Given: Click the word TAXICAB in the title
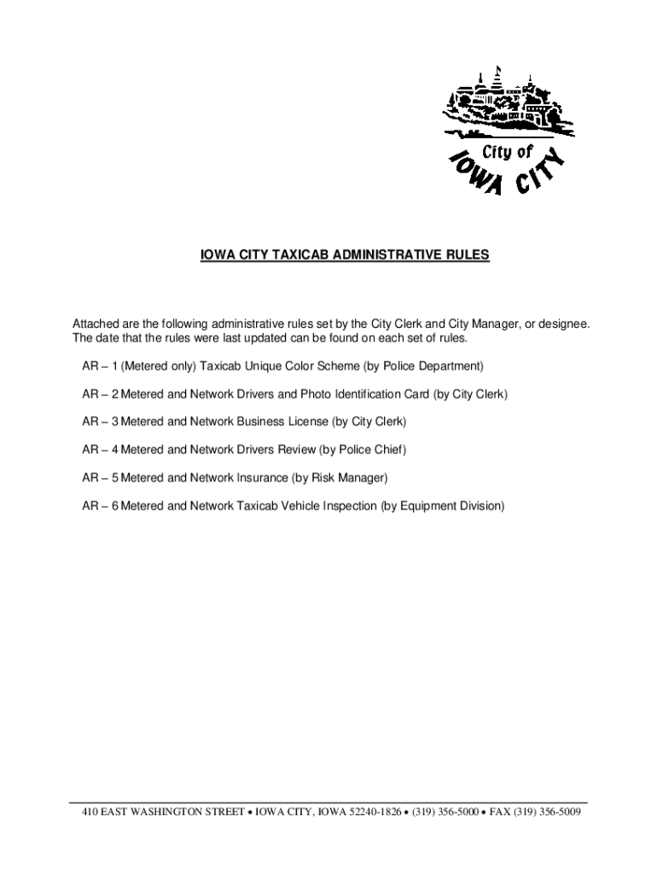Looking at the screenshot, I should point(294,255).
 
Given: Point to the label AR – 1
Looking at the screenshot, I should point(99,366).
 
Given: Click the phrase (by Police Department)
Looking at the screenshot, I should point(423,366).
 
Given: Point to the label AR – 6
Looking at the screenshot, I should point(99,506).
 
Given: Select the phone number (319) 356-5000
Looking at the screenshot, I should point(445,812).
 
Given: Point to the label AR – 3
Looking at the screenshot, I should point(99,422).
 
